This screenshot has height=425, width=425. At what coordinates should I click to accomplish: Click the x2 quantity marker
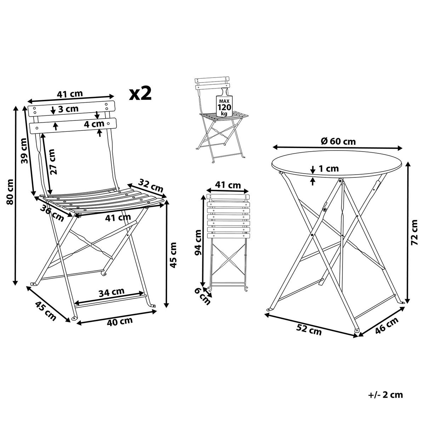(141, 93)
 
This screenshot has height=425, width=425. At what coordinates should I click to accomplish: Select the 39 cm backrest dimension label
(25, 151)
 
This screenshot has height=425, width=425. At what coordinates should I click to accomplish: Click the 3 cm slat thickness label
(68, 109)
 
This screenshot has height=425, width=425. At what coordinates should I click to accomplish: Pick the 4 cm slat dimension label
(94, 124)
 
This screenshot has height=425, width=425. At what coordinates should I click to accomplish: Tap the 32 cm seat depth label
(151, 185)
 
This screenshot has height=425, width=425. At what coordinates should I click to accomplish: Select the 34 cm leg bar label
(111, 292)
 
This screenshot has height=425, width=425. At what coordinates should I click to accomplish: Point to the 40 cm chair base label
(120, 321)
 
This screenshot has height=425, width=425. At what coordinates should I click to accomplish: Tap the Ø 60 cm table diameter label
(338, 141)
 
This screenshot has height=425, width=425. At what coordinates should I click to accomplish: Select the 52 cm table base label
(309, 330)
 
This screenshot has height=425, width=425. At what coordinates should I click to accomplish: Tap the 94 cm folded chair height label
(198, 242)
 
